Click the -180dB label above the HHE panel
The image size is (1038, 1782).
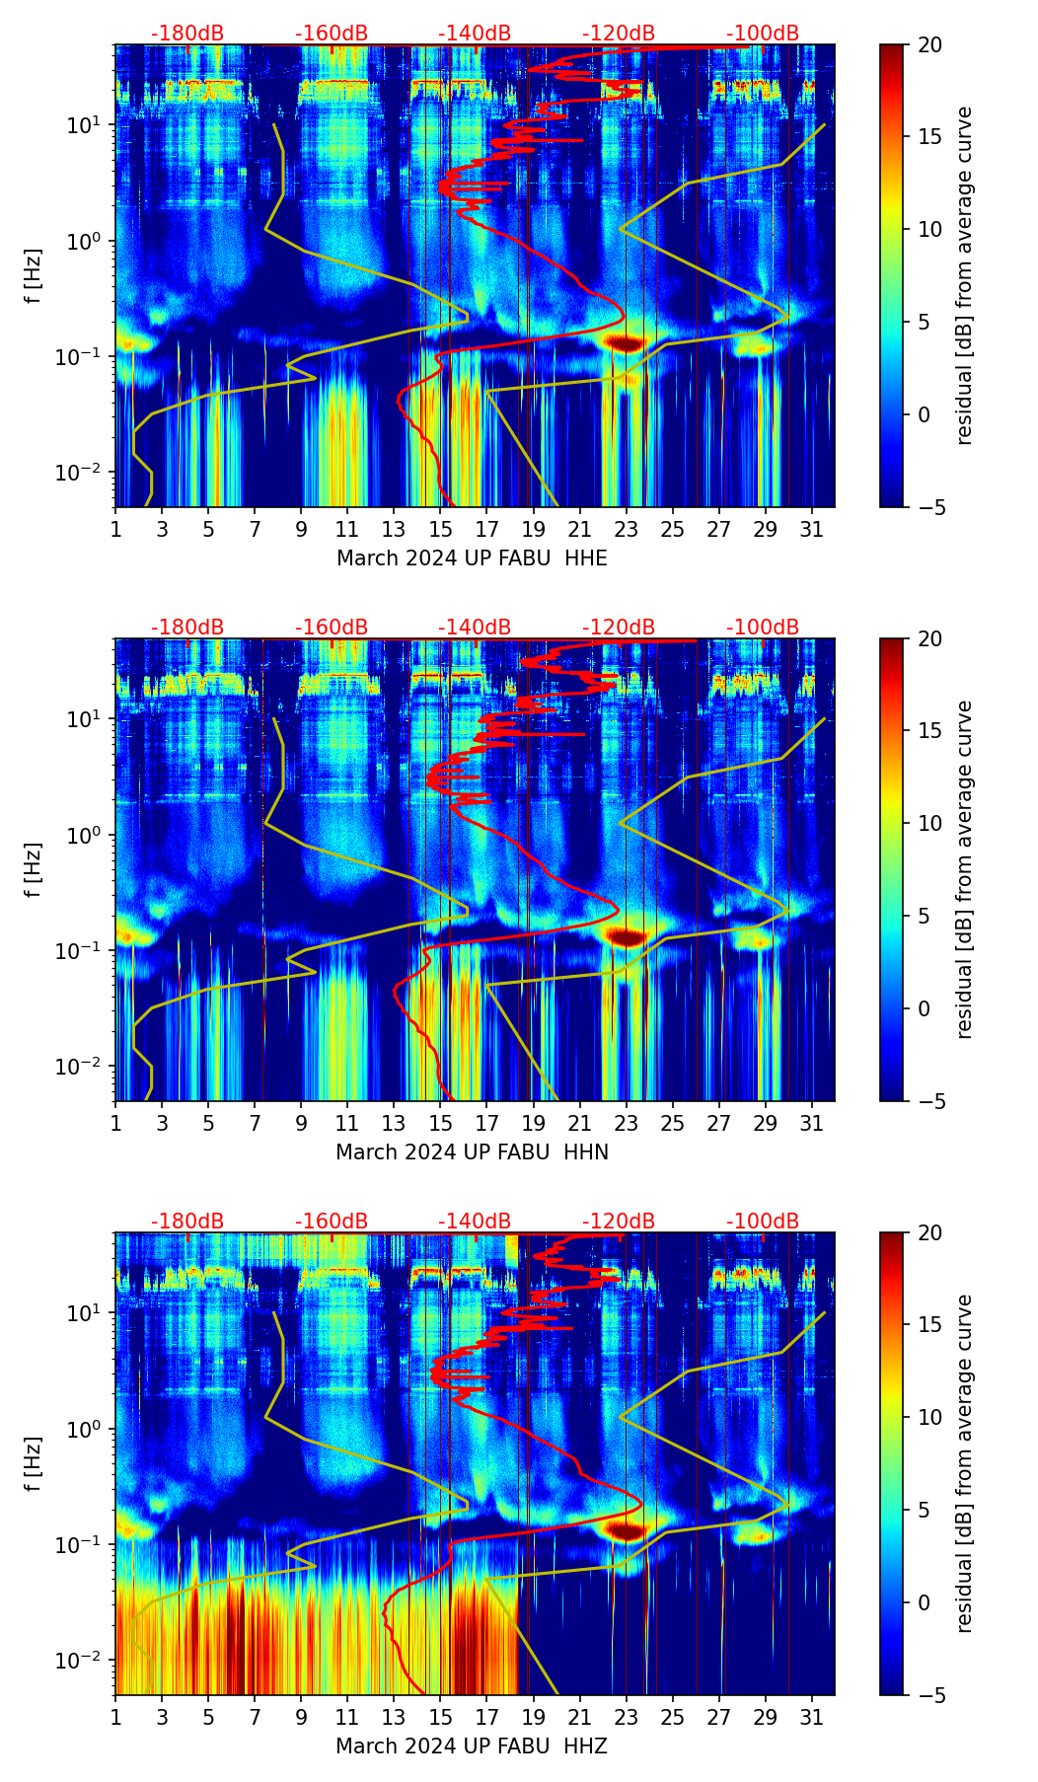pos(187,34)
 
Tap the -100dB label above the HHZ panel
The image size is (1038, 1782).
pos(763,1222)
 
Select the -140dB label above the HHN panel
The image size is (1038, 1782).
pos(475,628)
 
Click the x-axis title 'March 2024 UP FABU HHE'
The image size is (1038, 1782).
pos(472,558)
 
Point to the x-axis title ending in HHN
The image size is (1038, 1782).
pos(472,1152)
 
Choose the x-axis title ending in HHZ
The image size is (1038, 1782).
pos(472,1746)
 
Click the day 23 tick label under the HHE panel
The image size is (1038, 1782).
pos(626,530)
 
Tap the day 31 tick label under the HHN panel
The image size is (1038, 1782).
pos(811,1124)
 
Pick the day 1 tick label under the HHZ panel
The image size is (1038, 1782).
pos(115,1718)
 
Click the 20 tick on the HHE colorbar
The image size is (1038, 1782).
pos(929,44)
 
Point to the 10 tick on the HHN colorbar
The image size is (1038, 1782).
pos(929,823)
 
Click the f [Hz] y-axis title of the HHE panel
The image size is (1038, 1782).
pos(35,276)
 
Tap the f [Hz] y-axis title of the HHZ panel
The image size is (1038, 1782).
pos(35,1464)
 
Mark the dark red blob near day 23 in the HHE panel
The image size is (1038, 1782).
pos(625,343)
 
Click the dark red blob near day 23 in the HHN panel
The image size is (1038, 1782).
pos(626,936)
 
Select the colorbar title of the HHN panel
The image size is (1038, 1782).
pos(965,869)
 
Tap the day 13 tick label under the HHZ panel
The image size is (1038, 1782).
pos(394,1718)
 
